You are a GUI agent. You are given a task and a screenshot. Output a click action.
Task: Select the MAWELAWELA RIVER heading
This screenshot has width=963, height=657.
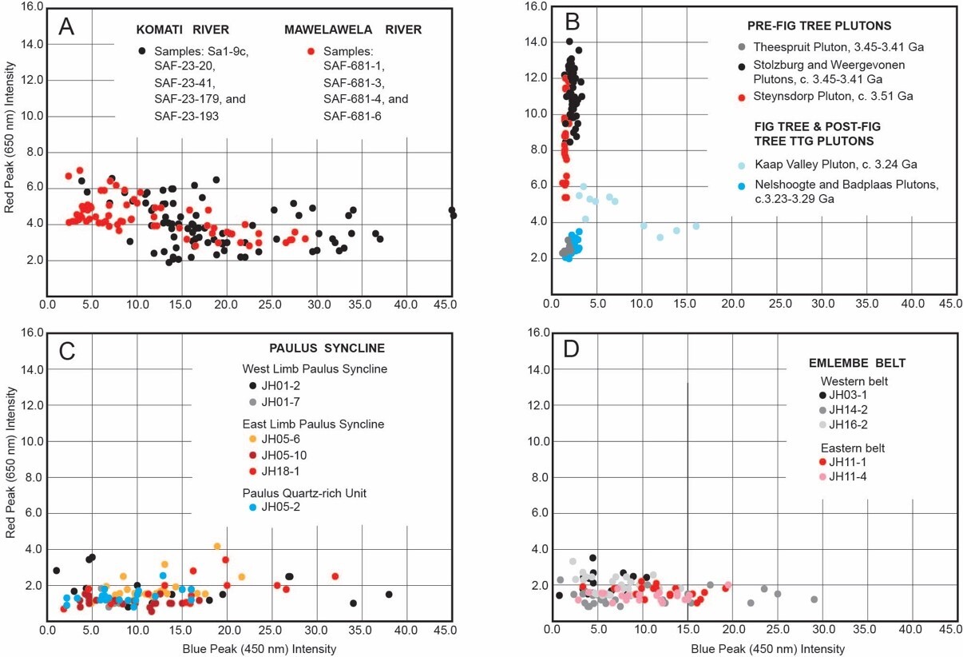353,30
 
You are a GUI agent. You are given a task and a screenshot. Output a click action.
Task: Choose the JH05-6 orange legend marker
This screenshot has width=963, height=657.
253,440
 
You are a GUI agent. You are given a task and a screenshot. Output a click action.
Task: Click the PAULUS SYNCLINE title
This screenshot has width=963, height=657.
327,348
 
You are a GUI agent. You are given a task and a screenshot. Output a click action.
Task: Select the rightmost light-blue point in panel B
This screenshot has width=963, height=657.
695,226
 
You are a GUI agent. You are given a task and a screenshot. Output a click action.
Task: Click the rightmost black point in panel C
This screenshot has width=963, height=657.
389,595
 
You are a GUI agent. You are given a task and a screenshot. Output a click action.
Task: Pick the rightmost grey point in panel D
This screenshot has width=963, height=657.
814,599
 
